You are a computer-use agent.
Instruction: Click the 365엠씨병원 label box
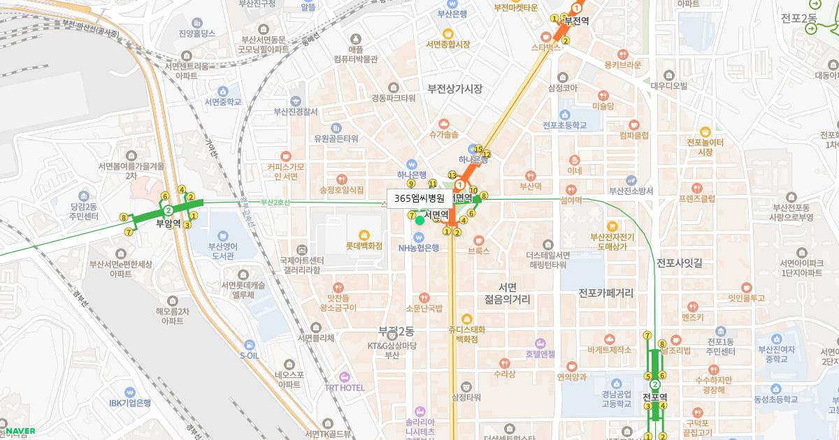point(419,198)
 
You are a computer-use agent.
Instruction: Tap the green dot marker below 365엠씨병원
point(419,220)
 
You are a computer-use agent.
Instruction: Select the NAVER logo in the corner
point(20,431)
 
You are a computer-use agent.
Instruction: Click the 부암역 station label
point(168,224)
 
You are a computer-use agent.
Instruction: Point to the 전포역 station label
point(655,397)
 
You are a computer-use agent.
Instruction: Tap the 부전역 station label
point(577,20)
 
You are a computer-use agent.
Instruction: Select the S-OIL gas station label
point(250,355)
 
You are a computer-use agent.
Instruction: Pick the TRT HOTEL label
point(344,388)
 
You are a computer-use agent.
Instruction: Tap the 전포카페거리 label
point(605,293)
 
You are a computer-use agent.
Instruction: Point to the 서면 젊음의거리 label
point(508,293)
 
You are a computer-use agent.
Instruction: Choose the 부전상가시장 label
point(455,89)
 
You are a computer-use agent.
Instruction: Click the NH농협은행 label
point(419,247)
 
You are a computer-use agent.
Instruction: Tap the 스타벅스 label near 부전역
point(546,48)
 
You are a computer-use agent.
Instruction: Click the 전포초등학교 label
point(565,126)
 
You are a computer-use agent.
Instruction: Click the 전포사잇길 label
point(679,263)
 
